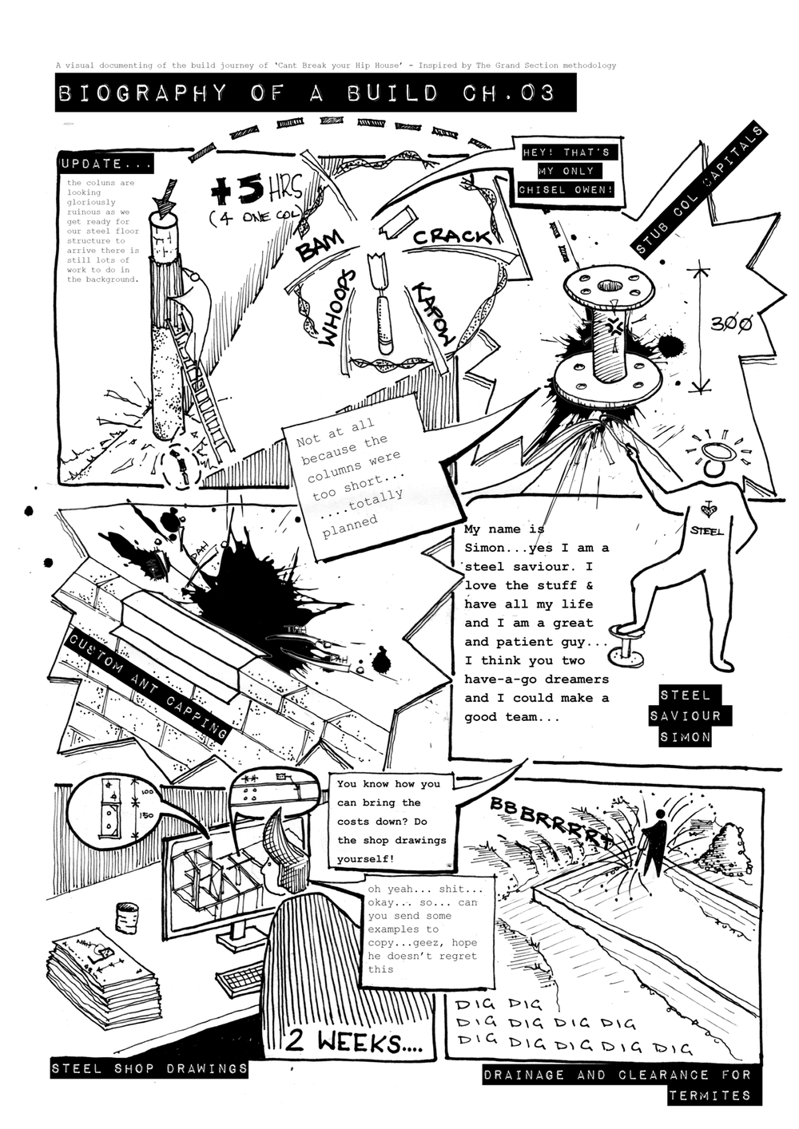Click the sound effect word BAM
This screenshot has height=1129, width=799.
point(320,245)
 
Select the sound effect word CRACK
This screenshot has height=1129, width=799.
point(452,236)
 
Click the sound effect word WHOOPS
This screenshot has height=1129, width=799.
point(336,309)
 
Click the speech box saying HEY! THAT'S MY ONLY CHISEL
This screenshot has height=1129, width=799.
point(566,171)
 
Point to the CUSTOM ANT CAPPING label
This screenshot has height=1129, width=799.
point(148,686)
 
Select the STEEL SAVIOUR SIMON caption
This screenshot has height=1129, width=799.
point(685,715)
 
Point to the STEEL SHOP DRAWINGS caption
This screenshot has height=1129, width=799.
point(149,1068)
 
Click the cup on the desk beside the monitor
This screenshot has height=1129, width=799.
point(125,917)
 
